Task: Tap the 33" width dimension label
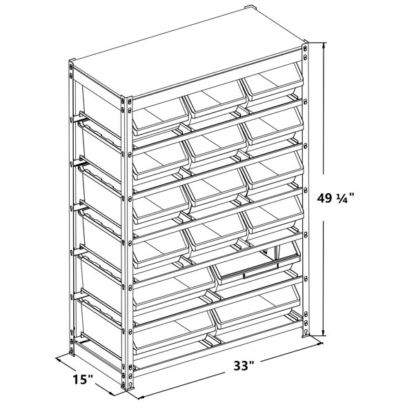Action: [x=244, y=366]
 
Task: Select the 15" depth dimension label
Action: [x=83, y=379]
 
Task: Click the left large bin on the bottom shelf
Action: [x=175, y=333]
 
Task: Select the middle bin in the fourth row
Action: [x=215, y=233]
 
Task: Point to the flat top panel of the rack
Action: [x=188, y=54]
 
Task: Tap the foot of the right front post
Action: [x=306, y=335]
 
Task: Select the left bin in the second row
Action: [x=160, y=161]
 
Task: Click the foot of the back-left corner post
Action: [x=72, y=353]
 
